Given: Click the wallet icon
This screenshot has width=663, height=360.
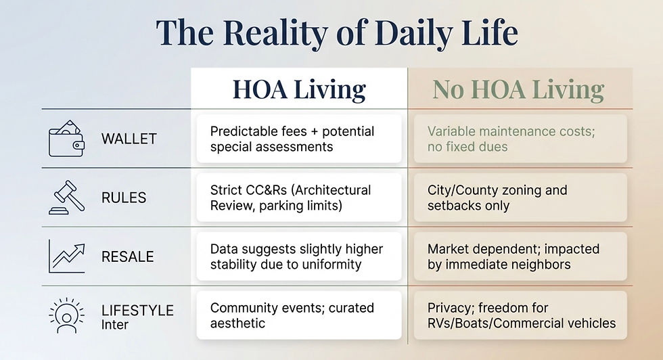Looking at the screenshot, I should [x=66, y=138].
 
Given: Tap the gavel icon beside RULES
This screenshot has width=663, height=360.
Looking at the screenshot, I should [x=66, y=197].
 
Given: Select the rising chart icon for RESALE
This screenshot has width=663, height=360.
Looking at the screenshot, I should [x=66, y=256].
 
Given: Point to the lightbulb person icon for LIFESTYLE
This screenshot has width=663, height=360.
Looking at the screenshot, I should [x=66, y=315].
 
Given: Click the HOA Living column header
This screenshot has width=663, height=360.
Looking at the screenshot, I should [x=299, y=89].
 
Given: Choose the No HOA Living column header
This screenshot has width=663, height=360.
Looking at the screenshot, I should [x=518, y=89].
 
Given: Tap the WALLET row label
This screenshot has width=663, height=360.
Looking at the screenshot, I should [x=129, y=139].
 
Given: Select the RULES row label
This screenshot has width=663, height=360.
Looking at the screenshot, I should [x=124, y=198].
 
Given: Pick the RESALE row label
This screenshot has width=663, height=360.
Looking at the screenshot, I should [x=127, y=256].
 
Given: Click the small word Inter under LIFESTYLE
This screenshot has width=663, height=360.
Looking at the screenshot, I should [x=114, y=325].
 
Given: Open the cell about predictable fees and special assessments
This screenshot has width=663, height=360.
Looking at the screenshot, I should [x=298, y=139].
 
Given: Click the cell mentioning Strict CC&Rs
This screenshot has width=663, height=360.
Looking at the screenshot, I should [x=298, y=198].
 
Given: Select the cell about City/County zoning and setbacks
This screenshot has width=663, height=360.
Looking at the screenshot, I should [x=520, y=198].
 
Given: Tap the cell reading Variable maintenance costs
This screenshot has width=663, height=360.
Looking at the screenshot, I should [x=520, y=139].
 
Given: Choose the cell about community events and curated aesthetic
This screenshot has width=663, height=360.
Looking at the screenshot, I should [x=298, y=315].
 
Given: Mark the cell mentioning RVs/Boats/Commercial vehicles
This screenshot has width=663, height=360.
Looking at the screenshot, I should [x=520, y=315].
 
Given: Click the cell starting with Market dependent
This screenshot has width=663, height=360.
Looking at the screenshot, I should [x=520, y=256].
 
